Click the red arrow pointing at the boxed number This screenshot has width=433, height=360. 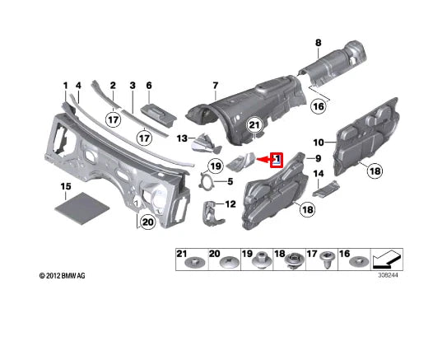click(263, 160)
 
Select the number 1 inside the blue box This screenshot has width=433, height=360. click(277, 159)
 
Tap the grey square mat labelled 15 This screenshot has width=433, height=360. click(80, 202)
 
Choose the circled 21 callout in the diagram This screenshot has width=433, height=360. click(254, 126)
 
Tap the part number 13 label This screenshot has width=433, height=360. click(182, 138)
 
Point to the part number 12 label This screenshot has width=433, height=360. click(230, 203)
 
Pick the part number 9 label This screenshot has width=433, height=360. click(313, 157)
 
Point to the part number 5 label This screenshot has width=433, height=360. click(230, 181)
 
